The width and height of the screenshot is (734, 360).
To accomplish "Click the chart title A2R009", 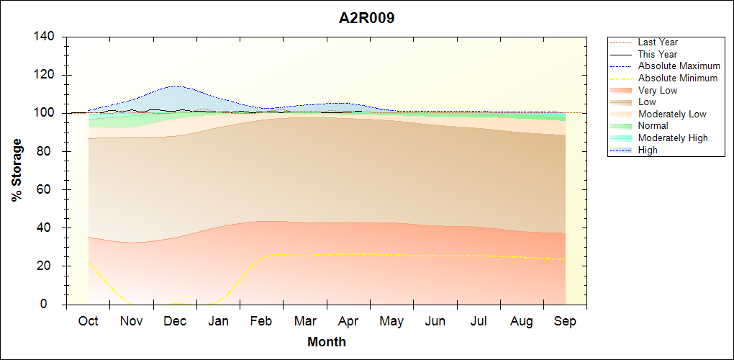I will point(366,18).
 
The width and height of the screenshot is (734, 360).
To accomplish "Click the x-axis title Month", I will point(327,342).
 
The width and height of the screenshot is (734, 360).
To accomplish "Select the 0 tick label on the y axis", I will point(54,305).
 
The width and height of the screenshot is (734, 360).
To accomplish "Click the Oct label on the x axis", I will point(88,321).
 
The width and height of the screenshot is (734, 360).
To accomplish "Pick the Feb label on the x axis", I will point(261,321).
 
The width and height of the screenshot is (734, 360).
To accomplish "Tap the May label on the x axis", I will point(391,321).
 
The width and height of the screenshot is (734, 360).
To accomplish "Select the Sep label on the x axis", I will point(565,321).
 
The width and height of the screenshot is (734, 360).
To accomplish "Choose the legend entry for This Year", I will point(657,54).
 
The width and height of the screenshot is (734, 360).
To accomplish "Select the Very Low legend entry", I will point(657,90).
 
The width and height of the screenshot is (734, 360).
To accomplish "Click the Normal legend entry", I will point(653,126).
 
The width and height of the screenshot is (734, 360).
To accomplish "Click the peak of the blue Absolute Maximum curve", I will point(175,86).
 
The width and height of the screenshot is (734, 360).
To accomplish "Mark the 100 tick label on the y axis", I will point(47,113).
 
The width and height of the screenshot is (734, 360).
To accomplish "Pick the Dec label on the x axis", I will point(175,321).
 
